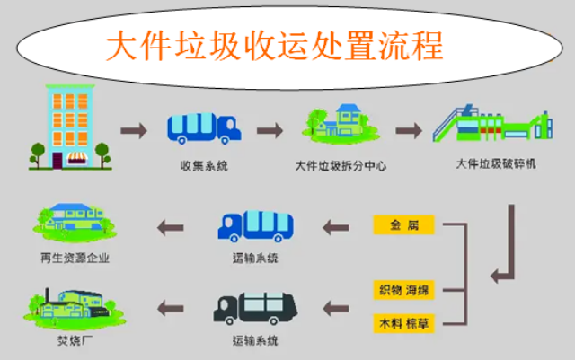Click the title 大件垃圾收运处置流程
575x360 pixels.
pyautogui.click(x=275, y=45)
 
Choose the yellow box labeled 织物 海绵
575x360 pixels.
pyautogui.click(x=403, y=289)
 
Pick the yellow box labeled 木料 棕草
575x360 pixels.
pyautogui.click(x=403, y=320)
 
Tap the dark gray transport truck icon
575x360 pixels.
pyautogui.click(x=249, y=307)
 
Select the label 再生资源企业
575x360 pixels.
pyautogui.click(x=75, y=259)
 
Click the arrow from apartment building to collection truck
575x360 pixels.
pyautogui.click(x=135, y=130)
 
